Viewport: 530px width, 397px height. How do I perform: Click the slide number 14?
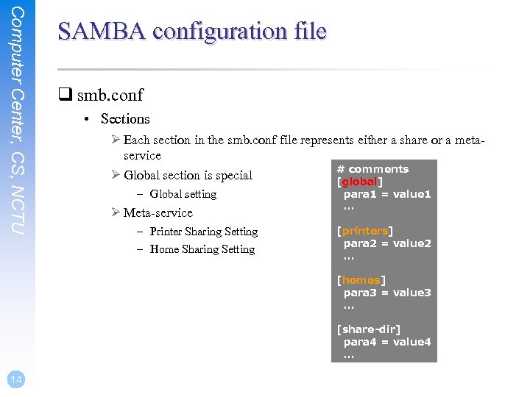15,379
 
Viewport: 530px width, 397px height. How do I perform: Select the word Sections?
125,119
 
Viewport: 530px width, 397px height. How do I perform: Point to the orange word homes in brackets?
361,280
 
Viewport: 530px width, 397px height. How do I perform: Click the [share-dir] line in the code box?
368,329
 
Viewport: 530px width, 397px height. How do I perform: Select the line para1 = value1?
387,194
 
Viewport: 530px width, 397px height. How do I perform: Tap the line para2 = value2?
387,243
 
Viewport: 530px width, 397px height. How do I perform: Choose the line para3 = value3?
387,293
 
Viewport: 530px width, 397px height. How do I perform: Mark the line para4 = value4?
387,342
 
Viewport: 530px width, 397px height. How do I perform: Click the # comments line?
372,169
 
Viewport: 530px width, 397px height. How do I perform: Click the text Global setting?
183,194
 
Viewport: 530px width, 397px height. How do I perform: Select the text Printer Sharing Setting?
203,232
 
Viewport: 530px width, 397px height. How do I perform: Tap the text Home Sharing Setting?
202,249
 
